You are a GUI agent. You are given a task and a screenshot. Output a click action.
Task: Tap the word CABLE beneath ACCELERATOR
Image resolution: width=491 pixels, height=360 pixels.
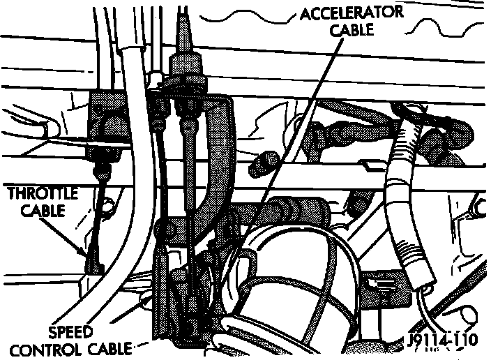pyautogui.click(x=352, y=30)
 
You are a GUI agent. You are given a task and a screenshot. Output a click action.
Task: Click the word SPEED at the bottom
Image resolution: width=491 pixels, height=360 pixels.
pyautogui.click(x=71, y=330)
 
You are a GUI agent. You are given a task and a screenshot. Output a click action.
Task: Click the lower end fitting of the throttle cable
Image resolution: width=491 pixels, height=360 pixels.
pyautogui.click(x=91, y=263)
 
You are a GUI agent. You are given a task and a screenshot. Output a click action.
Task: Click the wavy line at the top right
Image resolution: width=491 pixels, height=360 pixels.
pyautogui.click(x=432, y=21)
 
